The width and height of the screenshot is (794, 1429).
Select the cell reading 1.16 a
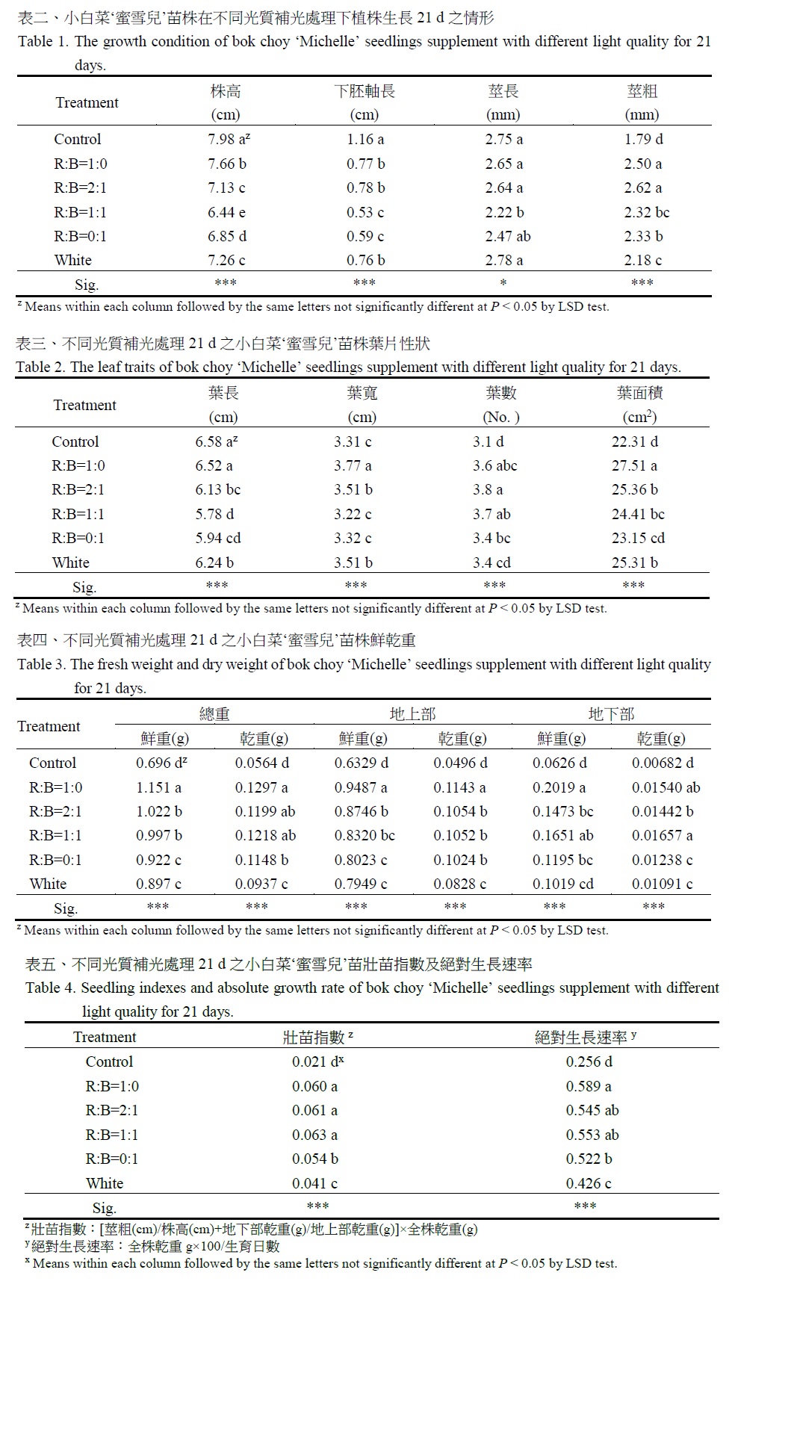click(365, 140)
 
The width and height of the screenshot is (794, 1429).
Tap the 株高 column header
click(226, 92)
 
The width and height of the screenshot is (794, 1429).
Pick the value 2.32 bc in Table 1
click(647, 212)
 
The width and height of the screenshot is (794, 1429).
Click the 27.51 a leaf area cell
click(634, 466)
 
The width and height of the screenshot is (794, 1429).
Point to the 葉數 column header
click(500, 394)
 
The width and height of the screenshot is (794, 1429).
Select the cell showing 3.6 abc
click(494, 466)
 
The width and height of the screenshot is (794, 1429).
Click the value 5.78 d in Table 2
click(214, 515)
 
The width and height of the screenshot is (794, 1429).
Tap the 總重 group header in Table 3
click(214, 715)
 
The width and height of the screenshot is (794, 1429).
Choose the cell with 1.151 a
click(158, 787)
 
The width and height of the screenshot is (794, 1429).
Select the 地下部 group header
click(611, 715)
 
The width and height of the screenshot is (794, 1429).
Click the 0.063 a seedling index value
click(314, 1135)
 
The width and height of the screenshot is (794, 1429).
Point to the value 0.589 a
click(589, 1087)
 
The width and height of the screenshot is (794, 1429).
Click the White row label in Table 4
click(105, 1184)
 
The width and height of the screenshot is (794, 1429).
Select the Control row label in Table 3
click(52, 763)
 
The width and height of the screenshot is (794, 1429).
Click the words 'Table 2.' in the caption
click(41, 368)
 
